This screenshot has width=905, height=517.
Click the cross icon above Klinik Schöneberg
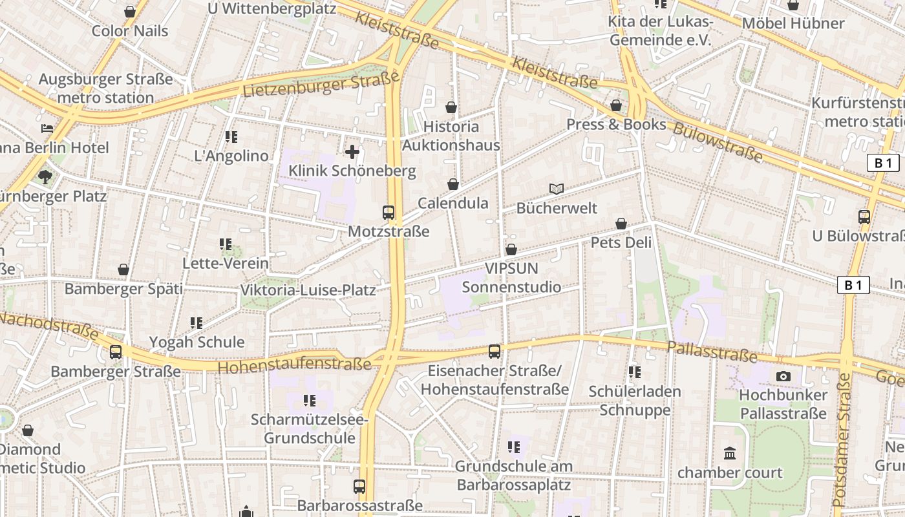352,153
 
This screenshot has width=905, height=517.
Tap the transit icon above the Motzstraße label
389,213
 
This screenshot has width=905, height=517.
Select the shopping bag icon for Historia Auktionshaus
451,107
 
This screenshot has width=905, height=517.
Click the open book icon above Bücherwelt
557,189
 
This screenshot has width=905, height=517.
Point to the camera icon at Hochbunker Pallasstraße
783,376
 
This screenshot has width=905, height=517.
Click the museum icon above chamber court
730,454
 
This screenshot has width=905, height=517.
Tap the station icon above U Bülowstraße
864,217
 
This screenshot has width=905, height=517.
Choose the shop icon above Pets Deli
621,224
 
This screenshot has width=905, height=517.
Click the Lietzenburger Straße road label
321,85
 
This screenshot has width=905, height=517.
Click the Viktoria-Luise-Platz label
308,290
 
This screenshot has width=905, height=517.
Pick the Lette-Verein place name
226,263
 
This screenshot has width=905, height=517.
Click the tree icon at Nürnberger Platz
45,176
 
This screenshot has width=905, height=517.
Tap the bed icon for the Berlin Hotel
47,128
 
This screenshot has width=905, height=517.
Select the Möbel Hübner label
793,23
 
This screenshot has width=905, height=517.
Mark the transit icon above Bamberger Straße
116,352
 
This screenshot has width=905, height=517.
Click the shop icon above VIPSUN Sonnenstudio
511,249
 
